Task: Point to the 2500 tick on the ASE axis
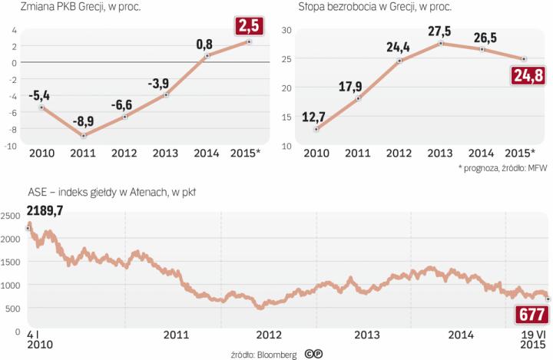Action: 10,216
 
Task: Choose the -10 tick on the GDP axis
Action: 12,144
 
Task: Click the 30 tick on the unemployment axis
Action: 286,30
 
